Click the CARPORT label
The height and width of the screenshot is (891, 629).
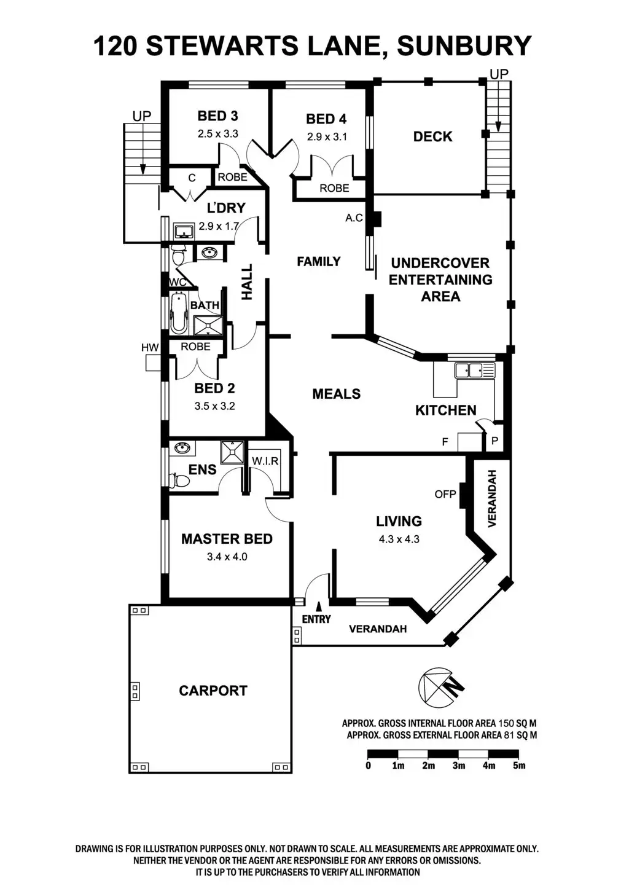click(x=213, y=691)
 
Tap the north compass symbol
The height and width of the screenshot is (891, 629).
click(x=440, y=686)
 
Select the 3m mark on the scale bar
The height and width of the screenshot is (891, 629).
click(x=458, y=766)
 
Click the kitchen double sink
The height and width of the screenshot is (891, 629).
click(x=474, y=370)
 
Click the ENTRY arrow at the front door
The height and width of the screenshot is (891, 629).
click(x=318, y=608)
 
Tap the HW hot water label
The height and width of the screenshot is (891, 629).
click(x=150, y=348)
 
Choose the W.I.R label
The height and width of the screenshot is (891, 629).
click(x=265, y=461)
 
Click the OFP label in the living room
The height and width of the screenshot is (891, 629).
click(x=445, y=493)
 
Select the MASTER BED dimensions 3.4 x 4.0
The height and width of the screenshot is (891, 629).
click(x=227, y=557)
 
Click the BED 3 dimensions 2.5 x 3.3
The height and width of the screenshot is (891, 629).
click(x=217, y=133)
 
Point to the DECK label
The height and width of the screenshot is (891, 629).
click(x=432, y=136)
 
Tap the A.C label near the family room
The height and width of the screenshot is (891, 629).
click(x=354, y=218)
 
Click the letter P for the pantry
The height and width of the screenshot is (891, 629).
click(x=494, y=441)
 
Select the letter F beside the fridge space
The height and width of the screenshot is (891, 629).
click(x=445, y=441)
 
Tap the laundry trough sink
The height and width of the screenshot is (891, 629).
click(x=184, y=231)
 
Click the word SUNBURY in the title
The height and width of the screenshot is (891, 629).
click(x=464, y=46)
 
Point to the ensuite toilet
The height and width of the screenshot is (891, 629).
click(x=179, y=481)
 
